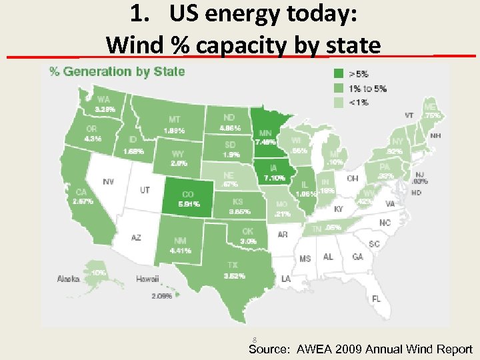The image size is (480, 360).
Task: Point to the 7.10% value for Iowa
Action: tap(275, 178)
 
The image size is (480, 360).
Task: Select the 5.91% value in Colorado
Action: tap(189, 204)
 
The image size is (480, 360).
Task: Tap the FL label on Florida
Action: tap(376, 298)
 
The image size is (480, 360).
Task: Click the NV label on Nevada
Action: tap(107, 181)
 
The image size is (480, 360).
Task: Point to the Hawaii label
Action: tap(147, 279)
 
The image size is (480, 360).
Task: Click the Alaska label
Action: tap(69, 279)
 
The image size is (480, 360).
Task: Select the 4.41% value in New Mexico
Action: tap(179, 251)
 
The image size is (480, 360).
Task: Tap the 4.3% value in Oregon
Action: tap(93, 139)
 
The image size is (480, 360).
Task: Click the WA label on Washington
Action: tap(104, 99)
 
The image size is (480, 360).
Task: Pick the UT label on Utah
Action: tap(144, 190)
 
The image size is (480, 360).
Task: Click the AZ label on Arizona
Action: tap(135, 237)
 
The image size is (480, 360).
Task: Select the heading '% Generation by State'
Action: tap(117, 71)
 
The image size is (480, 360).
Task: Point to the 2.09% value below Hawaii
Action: tap(161, 295)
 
